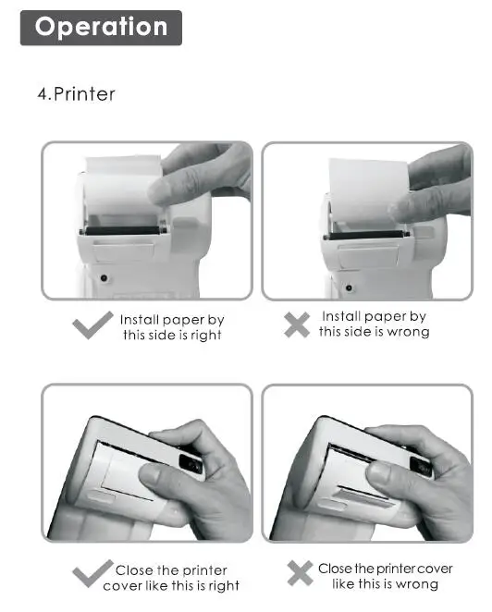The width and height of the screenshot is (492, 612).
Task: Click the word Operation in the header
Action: [x=101, y=27]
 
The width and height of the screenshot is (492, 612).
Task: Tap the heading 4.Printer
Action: [x=76, y=94]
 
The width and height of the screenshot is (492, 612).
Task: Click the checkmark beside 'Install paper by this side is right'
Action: [x=92, y=325]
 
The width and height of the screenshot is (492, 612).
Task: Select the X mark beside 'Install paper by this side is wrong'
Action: [x=297, y=324]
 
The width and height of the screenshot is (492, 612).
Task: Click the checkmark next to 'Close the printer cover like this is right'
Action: [x=92, y=573]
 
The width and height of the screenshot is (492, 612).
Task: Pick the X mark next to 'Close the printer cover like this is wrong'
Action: [x=300, y=573]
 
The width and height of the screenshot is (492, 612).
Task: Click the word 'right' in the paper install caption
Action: [x=206, y=336]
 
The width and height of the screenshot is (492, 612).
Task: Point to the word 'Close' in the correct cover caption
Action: [x=134, y=570]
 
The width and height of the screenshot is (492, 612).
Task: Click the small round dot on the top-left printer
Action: [x=104, y=278]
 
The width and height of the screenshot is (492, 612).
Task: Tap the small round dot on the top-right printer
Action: [x=349, y=288]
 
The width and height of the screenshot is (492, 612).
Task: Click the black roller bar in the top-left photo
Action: [x=122, y=230]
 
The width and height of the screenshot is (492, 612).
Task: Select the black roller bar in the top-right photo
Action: [x=366, y=235]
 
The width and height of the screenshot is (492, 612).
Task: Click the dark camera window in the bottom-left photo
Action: [x=191, y=464]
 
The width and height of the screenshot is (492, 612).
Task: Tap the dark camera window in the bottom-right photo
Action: [x=421, y=467]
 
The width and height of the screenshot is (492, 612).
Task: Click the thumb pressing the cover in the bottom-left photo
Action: [x=168, y=484]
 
